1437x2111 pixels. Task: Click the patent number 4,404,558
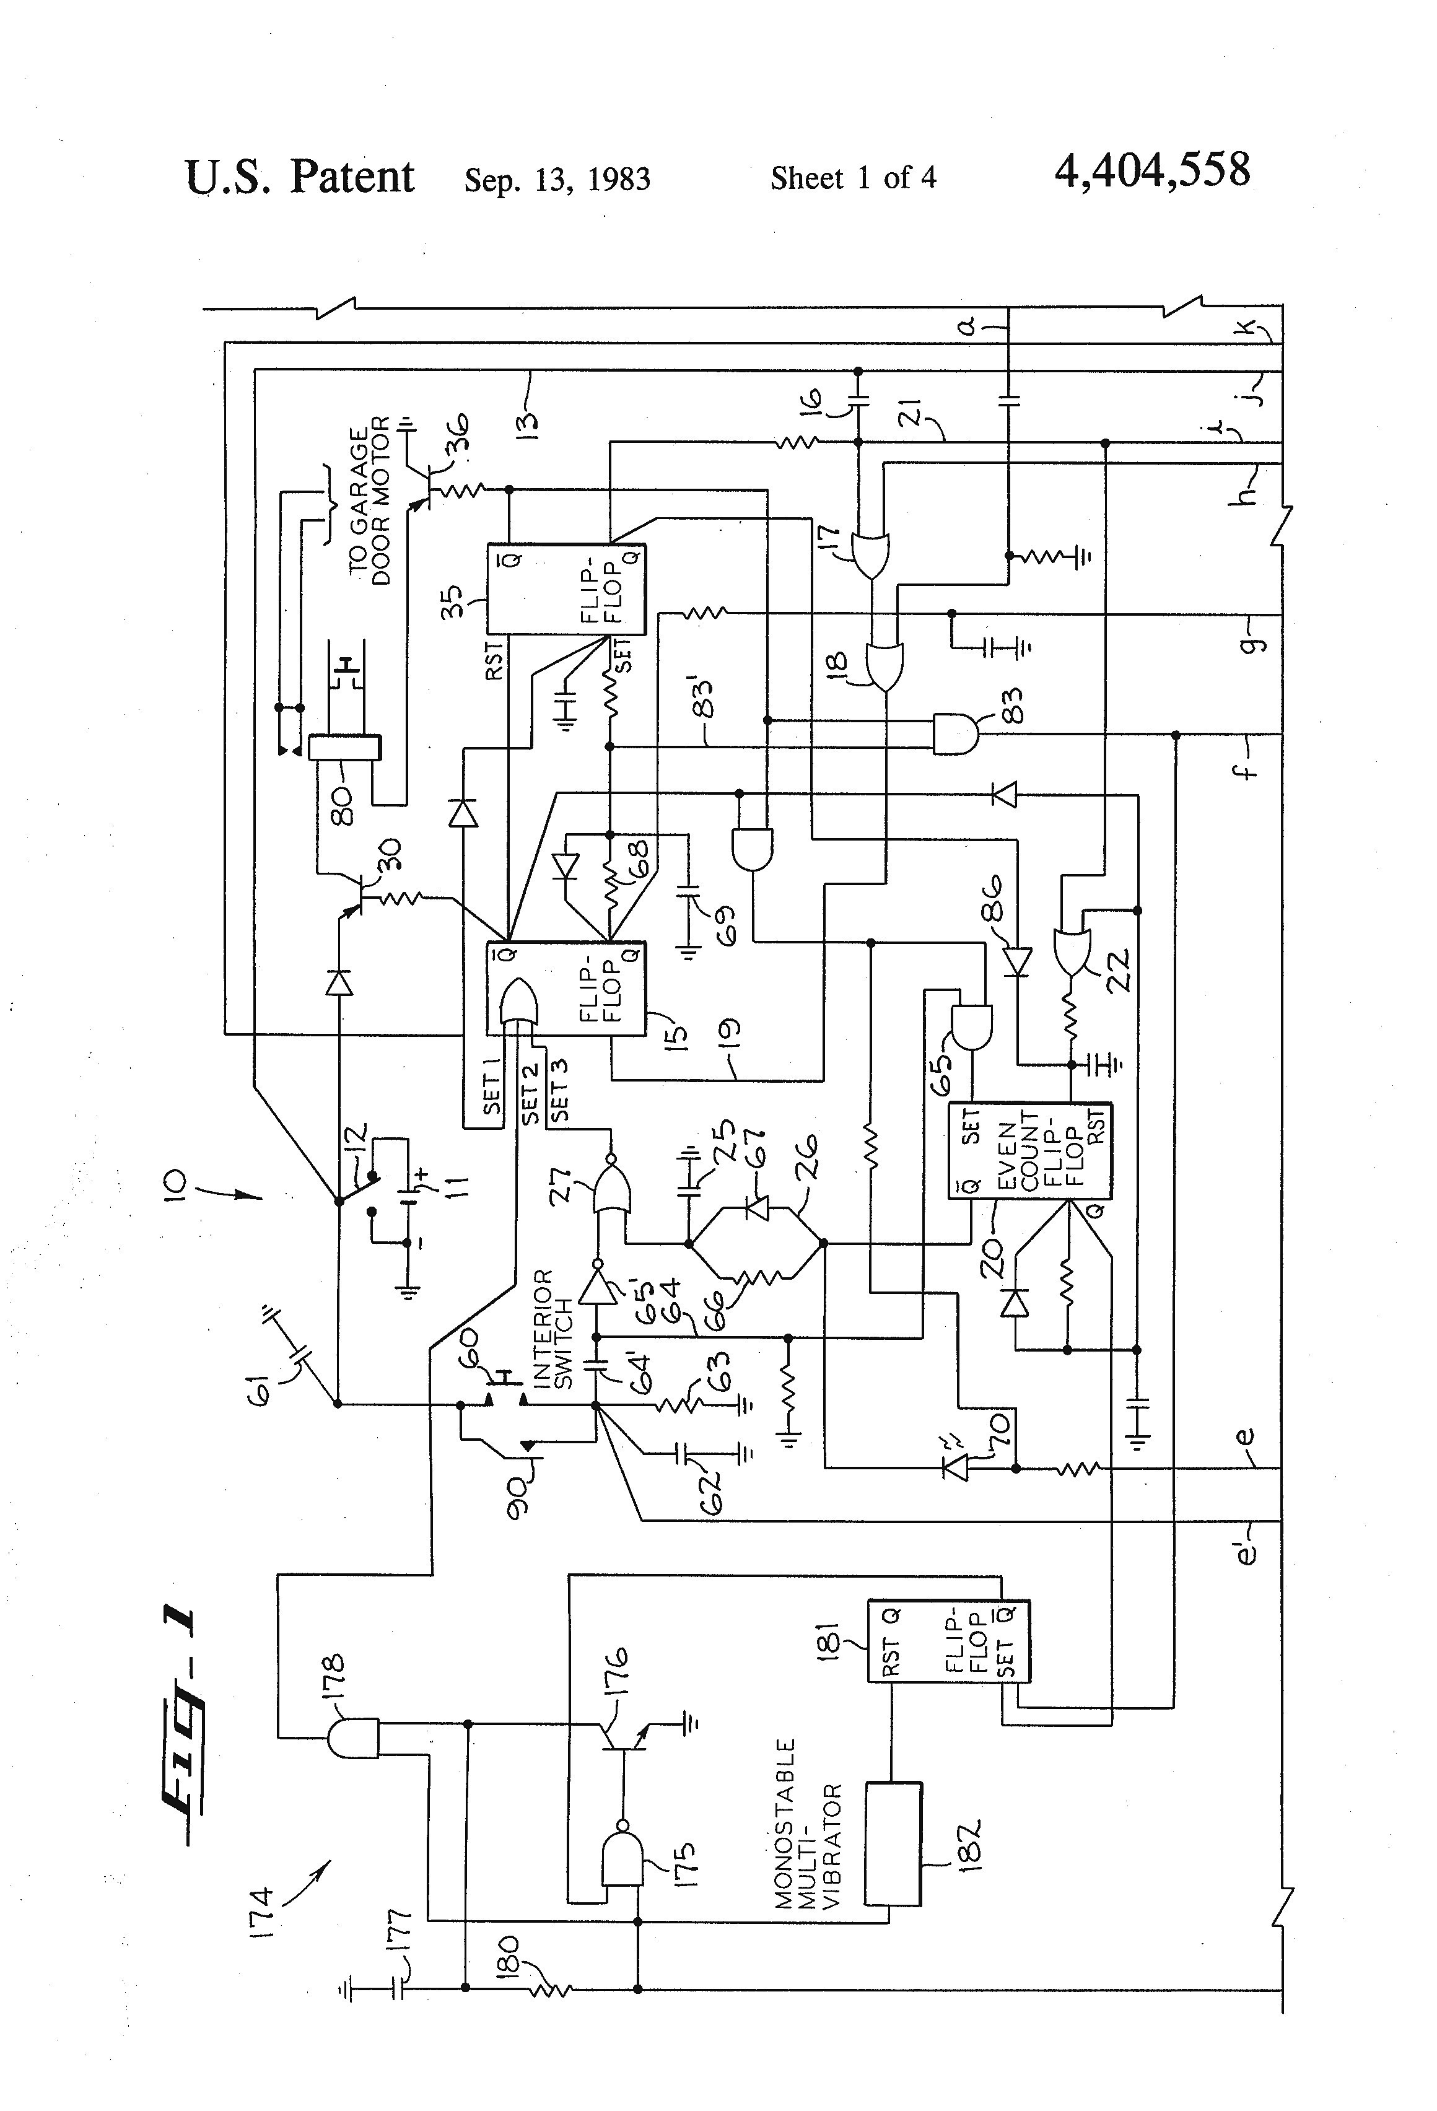click(1152, 171)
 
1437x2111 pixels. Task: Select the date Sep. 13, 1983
click(557, 179)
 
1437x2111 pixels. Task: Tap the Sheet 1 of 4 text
click(853, 177)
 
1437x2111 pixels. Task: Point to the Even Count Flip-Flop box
click(1030, 1151)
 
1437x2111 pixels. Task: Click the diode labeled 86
click(1017, 960)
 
